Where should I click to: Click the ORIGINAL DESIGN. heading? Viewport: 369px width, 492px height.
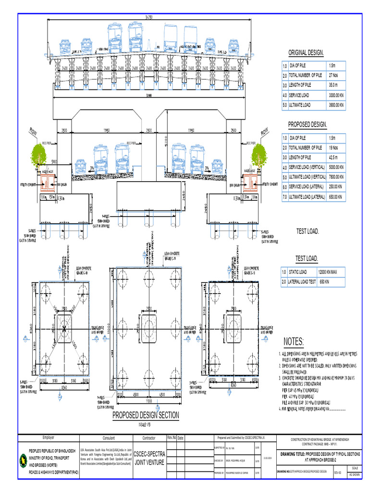coord(306,53)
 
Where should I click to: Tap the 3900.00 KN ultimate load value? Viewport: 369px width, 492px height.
coord(335,105)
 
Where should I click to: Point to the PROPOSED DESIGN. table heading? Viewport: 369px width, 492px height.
coord(307,125)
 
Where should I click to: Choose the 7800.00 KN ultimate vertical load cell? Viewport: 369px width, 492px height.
coord(336,177)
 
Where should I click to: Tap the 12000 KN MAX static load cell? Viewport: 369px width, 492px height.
coord(332,272)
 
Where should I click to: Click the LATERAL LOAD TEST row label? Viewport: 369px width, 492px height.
coord(302,282)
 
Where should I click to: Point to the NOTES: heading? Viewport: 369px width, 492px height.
coord(294,342)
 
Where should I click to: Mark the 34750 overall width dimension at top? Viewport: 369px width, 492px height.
coord(149,18)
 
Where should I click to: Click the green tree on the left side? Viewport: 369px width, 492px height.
coord(39,155)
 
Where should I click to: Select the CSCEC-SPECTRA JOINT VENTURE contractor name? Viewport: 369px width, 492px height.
coord(149,458)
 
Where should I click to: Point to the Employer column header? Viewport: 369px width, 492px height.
coord(48,438)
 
